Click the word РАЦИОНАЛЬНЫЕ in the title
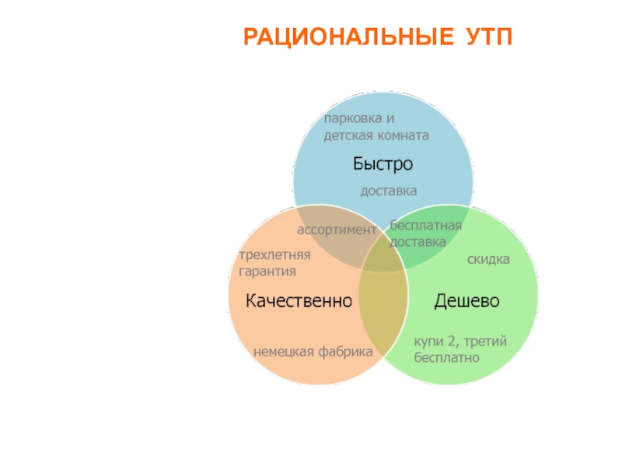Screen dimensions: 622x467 348,37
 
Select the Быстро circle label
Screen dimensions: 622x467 383,163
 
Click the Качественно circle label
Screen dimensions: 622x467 299,300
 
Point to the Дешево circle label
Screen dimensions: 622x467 466,300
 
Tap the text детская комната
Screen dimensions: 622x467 376,135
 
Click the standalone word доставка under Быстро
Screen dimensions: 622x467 388,191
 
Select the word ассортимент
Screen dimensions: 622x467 337,230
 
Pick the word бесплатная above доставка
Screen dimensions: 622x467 425,225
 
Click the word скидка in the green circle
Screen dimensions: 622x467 488,259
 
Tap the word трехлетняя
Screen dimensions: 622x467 274,255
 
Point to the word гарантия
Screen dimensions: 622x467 267,272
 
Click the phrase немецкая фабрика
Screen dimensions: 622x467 313,352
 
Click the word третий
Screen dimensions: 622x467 485,342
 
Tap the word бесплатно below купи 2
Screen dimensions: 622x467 446,357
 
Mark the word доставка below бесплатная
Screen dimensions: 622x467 418,242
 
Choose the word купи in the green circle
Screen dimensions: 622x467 428,342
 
